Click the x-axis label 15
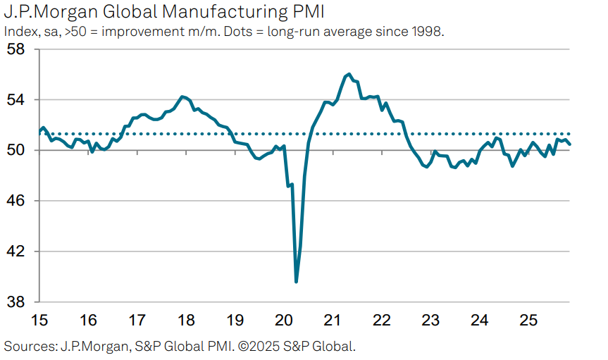click(39, 321)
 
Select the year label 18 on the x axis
click(186, 321)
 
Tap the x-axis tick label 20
click(284, 321)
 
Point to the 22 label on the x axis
click(382, 321)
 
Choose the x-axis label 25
click(528, 321)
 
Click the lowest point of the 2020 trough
click(296, 282)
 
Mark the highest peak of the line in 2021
click(349, 74)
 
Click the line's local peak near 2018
click(182, 97)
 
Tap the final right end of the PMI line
click(570, 145)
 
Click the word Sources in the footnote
click(27, 347)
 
